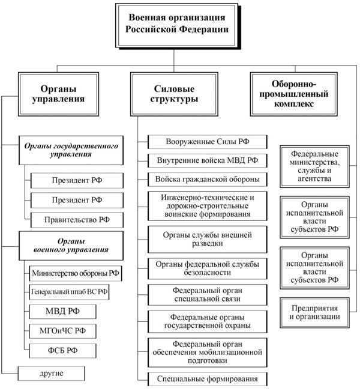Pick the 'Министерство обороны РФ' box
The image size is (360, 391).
75,273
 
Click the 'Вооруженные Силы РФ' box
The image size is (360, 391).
206,142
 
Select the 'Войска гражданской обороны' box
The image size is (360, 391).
206,179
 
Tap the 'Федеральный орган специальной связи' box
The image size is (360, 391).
206,294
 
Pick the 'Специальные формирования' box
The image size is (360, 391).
206,378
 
